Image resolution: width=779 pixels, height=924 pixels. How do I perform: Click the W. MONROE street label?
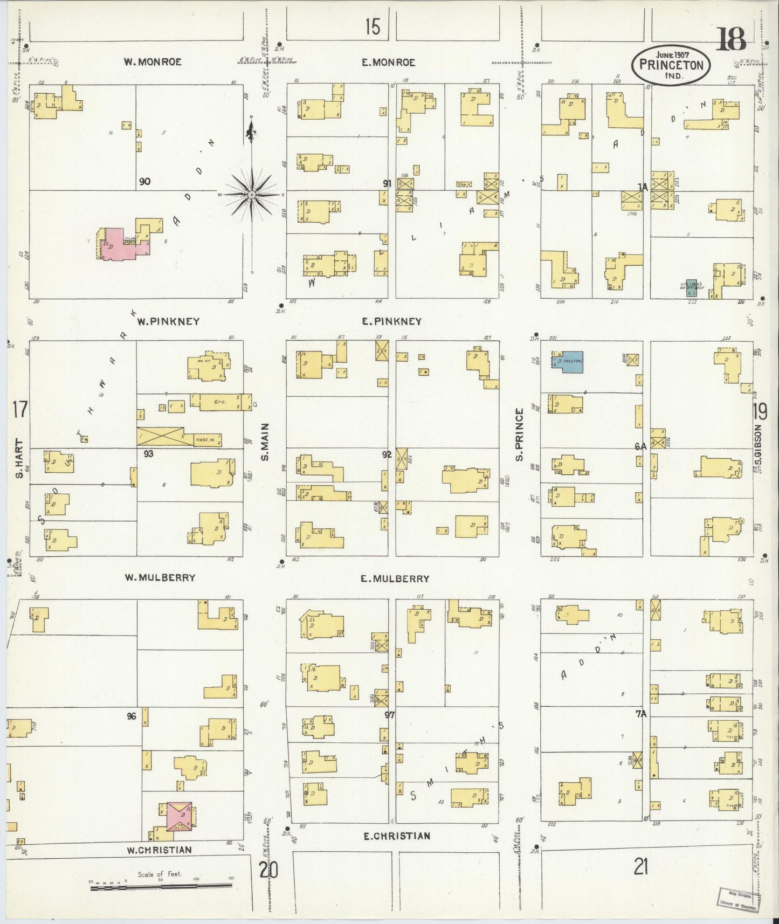click(x=153, y=62)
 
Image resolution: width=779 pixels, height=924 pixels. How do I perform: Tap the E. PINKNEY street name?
click(x=392, y=321)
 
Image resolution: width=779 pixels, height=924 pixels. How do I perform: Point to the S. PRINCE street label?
click(x=520, y=435)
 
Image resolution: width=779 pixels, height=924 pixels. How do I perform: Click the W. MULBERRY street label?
click(x=160, y=577)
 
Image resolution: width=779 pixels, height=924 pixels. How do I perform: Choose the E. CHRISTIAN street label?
click(x=397, y=836)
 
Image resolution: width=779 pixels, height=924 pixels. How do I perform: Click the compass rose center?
click(x=251, y=194)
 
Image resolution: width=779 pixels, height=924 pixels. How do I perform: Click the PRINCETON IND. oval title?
click(x=671, y=65)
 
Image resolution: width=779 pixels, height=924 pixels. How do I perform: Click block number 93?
click(x=148, y=454)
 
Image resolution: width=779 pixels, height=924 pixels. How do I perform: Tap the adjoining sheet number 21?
click(x=640, y=867)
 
